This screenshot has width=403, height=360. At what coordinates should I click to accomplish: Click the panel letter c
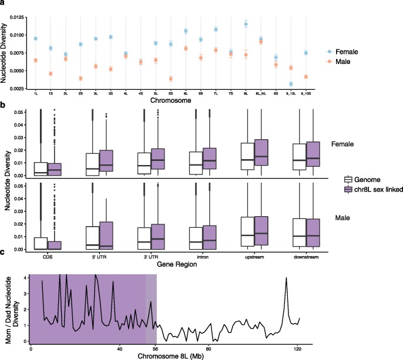pyautogui.click(x=4, y=270)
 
